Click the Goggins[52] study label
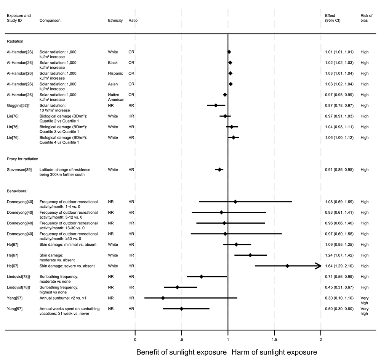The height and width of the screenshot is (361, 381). (17, 105)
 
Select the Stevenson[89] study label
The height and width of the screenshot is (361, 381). (19, 169)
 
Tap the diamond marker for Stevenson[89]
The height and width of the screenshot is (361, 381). (219, 169)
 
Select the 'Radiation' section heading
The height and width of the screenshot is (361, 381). (15, 41)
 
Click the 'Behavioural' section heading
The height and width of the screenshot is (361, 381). (17, 191)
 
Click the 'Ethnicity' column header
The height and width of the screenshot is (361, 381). (115, 20)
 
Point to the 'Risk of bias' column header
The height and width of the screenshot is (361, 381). (366, 18)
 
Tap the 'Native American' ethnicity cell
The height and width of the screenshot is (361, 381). (116, 97)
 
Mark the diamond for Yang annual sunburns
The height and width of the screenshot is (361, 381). (163, 298)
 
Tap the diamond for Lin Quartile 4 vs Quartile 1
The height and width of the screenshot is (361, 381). (234, 137)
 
